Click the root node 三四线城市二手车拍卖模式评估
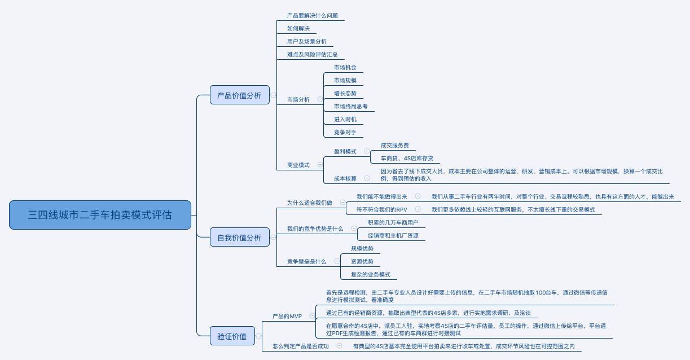point(100,215)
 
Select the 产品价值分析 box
point(239,95)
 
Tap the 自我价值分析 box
point(239,238)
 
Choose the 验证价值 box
point(232,336)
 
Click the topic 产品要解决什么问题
point(312,16)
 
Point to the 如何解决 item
point(298,28)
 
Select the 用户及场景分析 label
point(306,42)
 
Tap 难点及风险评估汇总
point(312,55)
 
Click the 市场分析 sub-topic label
point(298,100)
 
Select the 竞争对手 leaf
point(345,133)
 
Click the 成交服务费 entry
point(395,146)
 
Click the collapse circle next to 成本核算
point(367,178)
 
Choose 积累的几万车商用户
point(393,222)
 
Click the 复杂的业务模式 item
point(370,275)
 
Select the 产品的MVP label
point(287,316)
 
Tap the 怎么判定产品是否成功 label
point(300,346)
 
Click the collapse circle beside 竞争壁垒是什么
point(337,261)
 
